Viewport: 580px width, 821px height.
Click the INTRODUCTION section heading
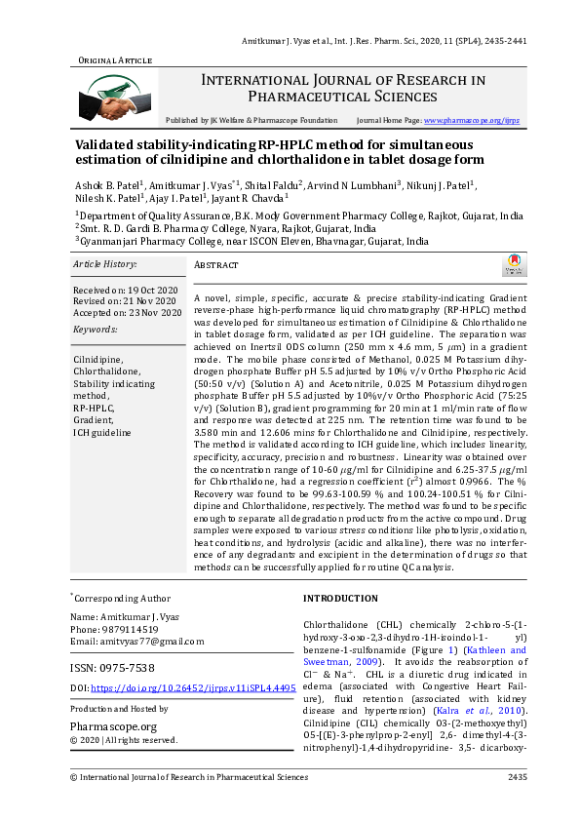[x=340, y=598]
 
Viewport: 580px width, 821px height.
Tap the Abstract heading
[x=216, y=264]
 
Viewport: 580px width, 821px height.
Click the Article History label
[x=105, y=264]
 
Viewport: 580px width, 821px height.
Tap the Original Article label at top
[x=115, y=60]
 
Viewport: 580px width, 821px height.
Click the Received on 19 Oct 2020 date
[x=127, y=291]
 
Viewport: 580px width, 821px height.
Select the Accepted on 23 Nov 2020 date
[x=128, y=312]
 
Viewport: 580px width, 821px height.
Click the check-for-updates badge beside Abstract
[x=512, y=265]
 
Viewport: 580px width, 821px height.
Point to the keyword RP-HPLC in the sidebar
[x=94, y=409]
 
